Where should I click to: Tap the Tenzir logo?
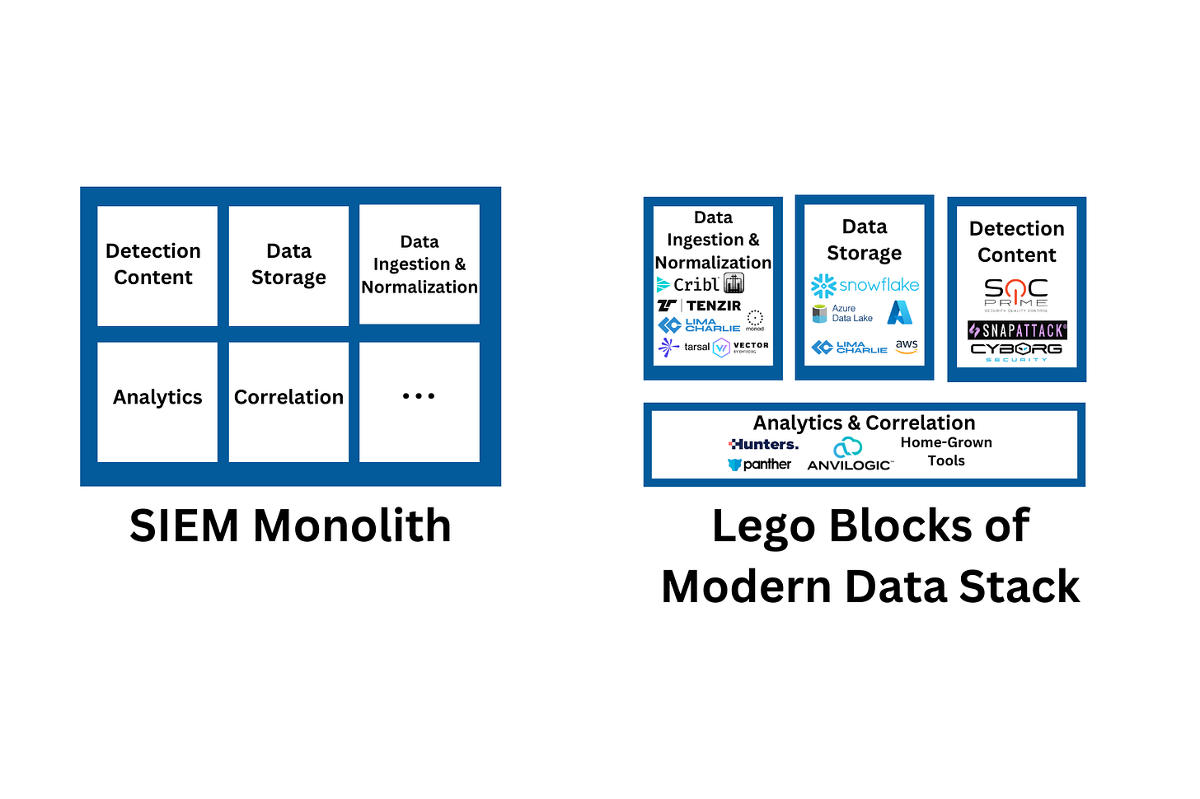(699, 306)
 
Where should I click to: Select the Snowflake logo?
(865, 285)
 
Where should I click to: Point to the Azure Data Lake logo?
(842, 313)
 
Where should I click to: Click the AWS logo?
(907, 347)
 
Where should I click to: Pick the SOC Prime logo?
(1016, 294)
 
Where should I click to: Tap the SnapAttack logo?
(1017, 330)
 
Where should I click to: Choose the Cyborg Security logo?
(1016, 352)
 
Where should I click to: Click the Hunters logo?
(763, 444)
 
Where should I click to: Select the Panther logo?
(759, 465)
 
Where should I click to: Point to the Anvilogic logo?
(849, 455)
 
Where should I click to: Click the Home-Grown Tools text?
(946, 451)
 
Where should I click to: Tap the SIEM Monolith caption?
(290, 526)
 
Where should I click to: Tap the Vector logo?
(741, 347)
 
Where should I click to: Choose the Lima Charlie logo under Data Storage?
(849, 348)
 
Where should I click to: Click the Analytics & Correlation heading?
(864, 423)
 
